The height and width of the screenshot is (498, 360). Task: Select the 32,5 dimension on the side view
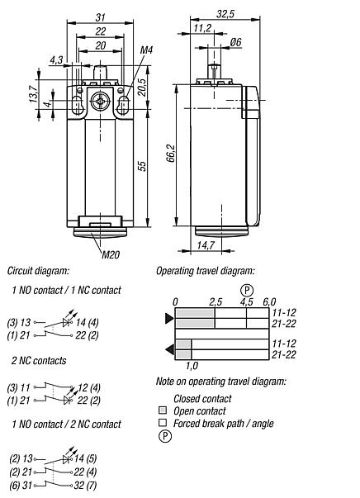click(x=225, y=14)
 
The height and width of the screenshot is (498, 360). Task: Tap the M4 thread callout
click(x=146, y=51)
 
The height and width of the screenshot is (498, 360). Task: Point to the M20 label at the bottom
click(x=111, y=254)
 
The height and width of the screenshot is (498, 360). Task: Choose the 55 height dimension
click(x=141, y=165)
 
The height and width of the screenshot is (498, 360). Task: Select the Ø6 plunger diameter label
click(x=235, y=42)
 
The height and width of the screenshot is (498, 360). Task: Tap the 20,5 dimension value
click(x=141, y=87)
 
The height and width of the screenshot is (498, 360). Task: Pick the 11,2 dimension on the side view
click(x=201, y=27)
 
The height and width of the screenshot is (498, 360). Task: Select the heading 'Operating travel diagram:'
click(x=206, y=271)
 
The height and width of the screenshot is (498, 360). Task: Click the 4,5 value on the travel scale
click(x=246, y=302)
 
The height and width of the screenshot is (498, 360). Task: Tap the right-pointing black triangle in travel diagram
click(x=169, y=319)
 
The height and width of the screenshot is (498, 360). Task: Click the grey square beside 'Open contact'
click(x=162, y=410)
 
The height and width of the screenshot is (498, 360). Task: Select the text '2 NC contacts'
click(x=39, y=361)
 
